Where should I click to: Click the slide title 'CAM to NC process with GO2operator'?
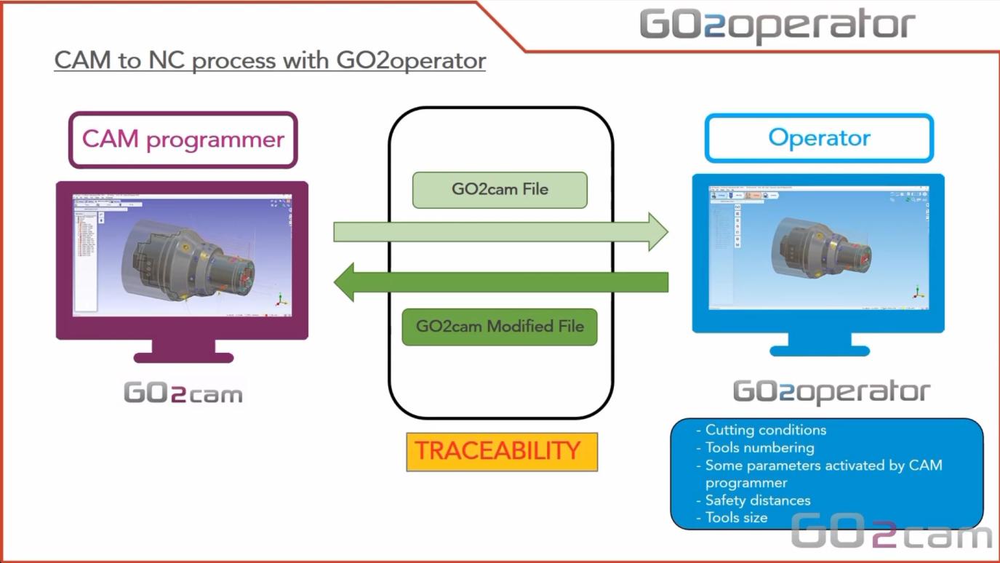point(270,60)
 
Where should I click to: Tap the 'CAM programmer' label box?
point(183,139)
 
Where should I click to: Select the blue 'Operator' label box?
point(819,137)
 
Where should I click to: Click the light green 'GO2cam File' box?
point(500,190)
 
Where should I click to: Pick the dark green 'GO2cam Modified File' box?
point(500,327)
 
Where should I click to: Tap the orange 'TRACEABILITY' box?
point(502,452)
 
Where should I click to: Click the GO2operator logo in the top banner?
point(777,25)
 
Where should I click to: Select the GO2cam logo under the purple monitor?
point(183,394)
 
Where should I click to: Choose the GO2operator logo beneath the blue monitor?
point(831,392)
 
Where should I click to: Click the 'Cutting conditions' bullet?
point(765,430)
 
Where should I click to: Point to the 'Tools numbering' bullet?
point(759,447)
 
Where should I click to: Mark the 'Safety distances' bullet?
point(757,500)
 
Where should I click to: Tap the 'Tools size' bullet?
point(736,518)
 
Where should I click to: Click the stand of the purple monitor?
point(183,351)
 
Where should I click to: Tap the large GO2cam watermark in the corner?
point(891,532)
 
